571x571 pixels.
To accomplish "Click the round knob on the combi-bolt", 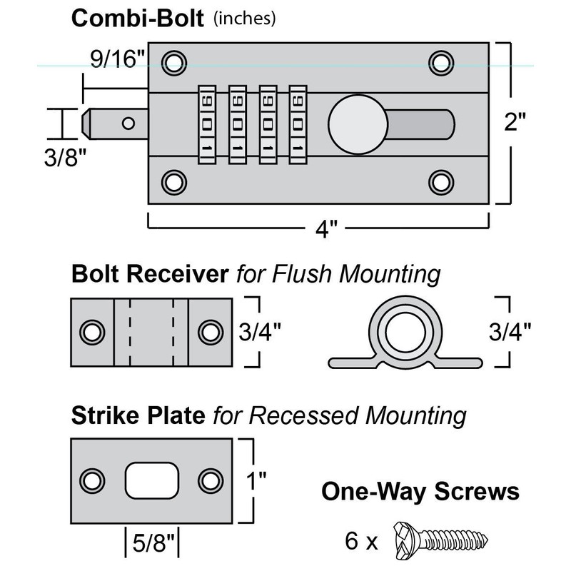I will [x=358, y=125].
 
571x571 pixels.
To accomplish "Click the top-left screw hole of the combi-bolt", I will [x=172, y=60].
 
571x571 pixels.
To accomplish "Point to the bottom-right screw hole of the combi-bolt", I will [x=441, y=182].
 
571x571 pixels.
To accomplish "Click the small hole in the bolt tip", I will [x=128, y=123].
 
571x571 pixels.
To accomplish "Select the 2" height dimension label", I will [x=515, y=123].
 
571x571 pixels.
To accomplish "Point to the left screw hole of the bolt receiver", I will [x=92, y=332].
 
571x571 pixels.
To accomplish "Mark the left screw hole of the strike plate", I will [x=92, y=480].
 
